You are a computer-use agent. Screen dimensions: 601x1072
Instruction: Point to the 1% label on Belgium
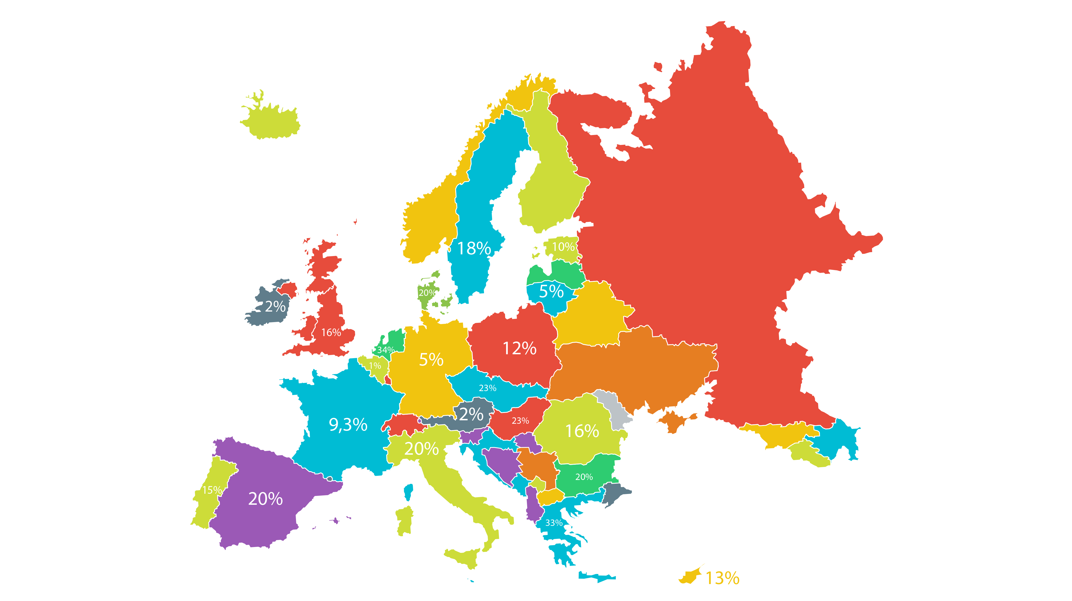375,366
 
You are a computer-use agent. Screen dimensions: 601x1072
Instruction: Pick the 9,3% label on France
348,425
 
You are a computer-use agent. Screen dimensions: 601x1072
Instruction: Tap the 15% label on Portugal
212,490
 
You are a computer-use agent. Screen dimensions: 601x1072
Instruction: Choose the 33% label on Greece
554,523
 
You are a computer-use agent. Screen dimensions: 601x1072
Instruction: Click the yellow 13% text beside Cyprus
723,578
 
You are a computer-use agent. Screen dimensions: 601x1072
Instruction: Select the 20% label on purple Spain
266,499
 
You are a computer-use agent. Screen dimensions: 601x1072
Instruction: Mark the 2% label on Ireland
275,307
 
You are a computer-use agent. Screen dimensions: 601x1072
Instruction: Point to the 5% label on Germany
431,360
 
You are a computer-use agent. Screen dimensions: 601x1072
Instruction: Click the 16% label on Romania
582,431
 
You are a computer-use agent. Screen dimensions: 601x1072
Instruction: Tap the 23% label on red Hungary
520,421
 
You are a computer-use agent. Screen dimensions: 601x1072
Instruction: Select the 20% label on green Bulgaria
584,477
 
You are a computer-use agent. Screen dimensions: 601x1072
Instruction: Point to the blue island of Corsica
409,492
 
